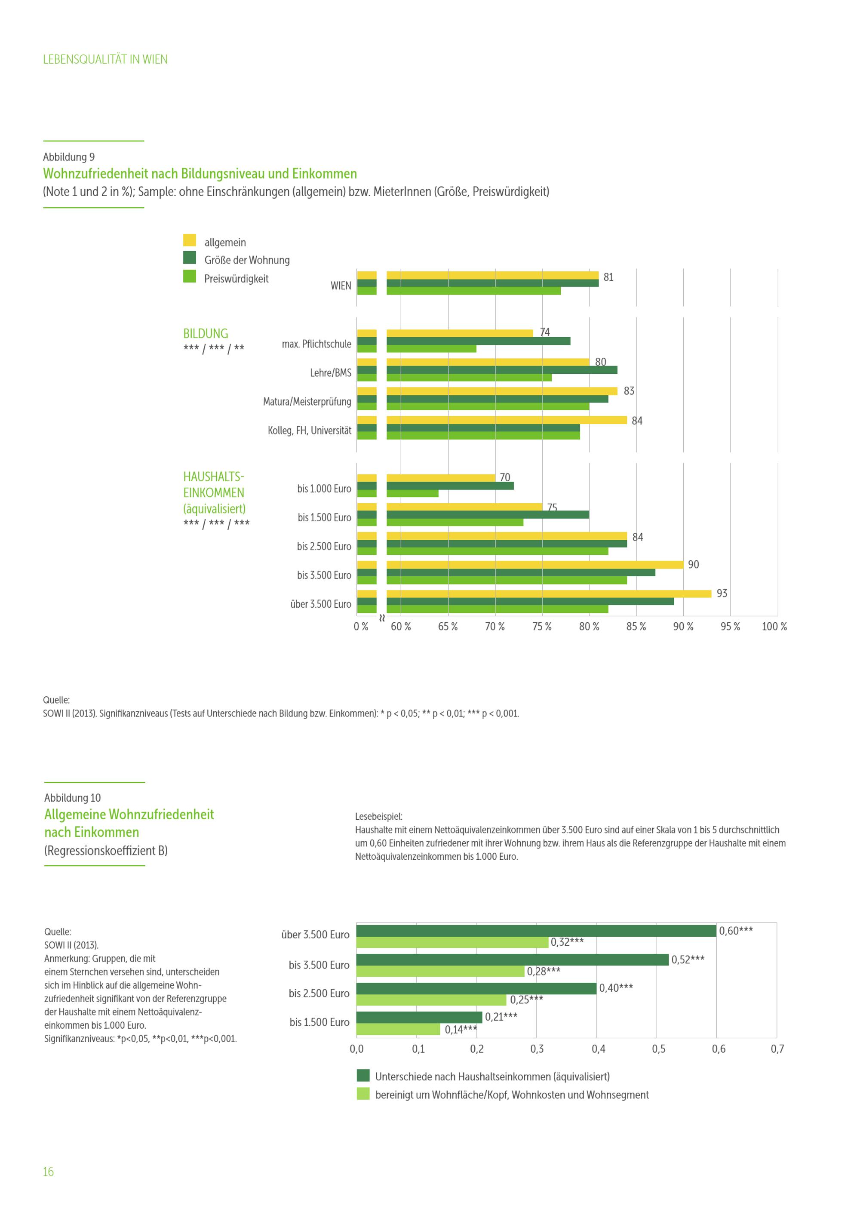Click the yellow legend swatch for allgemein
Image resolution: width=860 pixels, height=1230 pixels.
(190, 240)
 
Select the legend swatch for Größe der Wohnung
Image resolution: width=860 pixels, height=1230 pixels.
(190, 258)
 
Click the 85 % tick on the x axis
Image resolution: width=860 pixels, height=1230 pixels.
(636, 626)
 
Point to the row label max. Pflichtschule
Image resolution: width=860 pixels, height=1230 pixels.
(316, 344)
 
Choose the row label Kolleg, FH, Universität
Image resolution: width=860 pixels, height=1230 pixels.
(310, 430)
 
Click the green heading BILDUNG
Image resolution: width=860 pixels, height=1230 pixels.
(206, 333)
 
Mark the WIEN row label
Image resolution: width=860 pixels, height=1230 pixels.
(341, 286)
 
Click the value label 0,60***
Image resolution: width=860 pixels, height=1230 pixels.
(735, 931)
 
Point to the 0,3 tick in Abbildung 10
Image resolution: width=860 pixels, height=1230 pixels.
(537, 1049)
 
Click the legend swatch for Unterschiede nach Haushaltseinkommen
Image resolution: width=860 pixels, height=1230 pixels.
(363, 1075)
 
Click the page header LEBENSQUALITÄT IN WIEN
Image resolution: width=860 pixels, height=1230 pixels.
(105, 59)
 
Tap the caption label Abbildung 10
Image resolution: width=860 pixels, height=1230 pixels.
(72, 798)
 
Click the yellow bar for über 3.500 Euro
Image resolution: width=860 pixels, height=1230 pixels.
(548, 593)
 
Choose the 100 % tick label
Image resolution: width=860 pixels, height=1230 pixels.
(774, 626)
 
